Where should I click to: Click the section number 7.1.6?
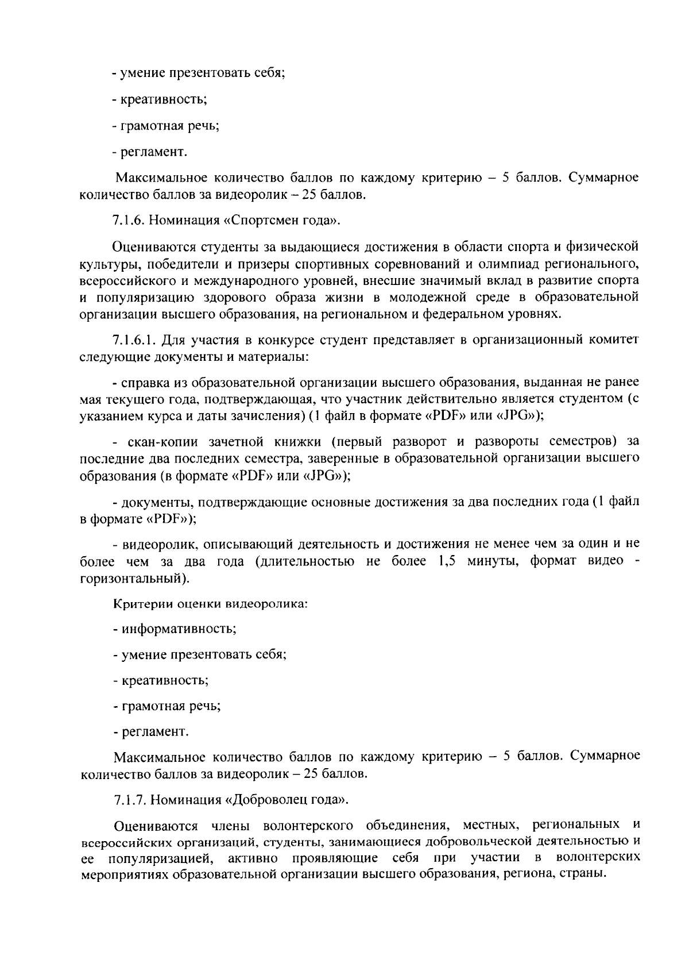[129, 221]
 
